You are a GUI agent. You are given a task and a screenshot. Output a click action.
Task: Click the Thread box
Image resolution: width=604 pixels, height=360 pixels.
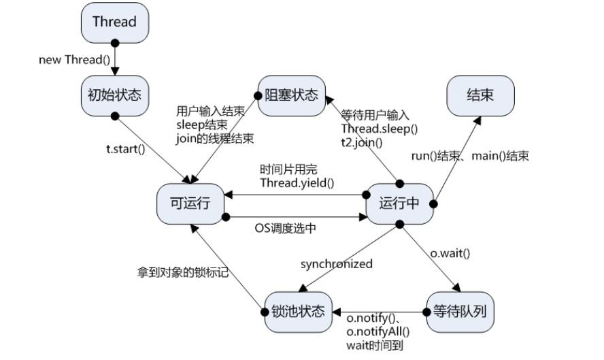[x=114, y=22]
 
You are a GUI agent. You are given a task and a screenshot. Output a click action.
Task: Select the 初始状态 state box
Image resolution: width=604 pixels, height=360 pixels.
[x=114, y=95]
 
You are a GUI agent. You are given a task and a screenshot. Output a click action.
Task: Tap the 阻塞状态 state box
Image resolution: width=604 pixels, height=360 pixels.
[x=292, y=95]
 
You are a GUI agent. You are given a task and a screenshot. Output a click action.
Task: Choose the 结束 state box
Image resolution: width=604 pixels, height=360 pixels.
[x=480, y=95]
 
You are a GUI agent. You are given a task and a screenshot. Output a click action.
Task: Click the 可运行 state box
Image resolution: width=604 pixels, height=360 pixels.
[x=190, y=203]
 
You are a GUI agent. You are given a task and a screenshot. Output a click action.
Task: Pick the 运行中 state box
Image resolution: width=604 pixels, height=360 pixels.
[x=399, y=203]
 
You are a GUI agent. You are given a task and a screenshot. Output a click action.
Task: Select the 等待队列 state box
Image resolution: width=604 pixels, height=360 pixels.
[x=459, y=312]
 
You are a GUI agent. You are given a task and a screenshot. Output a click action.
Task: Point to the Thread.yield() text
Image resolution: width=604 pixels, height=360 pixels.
[x=297, y=183]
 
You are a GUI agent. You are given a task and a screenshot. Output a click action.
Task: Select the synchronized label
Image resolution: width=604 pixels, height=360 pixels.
[x=337, y=264]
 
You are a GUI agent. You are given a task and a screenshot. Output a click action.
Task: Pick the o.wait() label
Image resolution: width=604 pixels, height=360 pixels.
[x=450, y=253]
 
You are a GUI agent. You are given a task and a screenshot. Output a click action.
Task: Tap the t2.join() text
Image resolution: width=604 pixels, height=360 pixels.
[x=362, y=142]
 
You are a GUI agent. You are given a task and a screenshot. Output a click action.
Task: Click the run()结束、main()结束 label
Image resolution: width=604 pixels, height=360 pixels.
[x=470, y=156]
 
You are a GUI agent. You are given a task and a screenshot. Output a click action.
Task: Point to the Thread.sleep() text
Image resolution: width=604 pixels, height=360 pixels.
[x=380, y=129]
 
